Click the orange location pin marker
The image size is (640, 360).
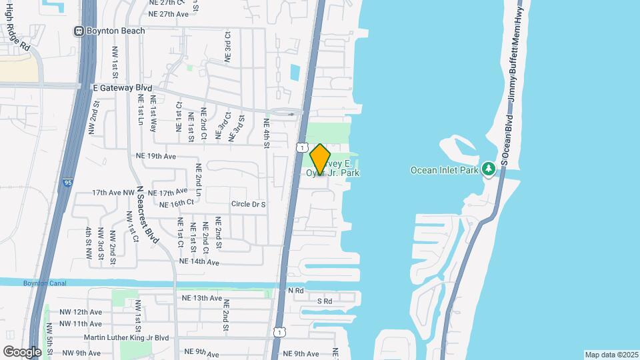[320, 159]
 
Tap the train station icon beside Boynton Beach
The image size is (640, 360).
[79, 30]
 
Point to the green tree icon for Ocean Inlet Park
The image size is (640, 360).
[489, 169]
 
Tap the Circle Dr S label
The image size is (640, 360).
[248, 204]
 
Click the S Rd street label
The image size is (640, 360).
[324, 301]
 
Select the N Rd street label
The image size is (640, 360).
[295, 291]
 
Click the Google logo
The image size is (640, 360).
[22, 351]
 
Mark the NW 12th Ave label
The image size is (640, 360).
[80, 312]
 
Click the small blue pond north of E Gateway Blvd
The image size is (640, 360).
[295, 71]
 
